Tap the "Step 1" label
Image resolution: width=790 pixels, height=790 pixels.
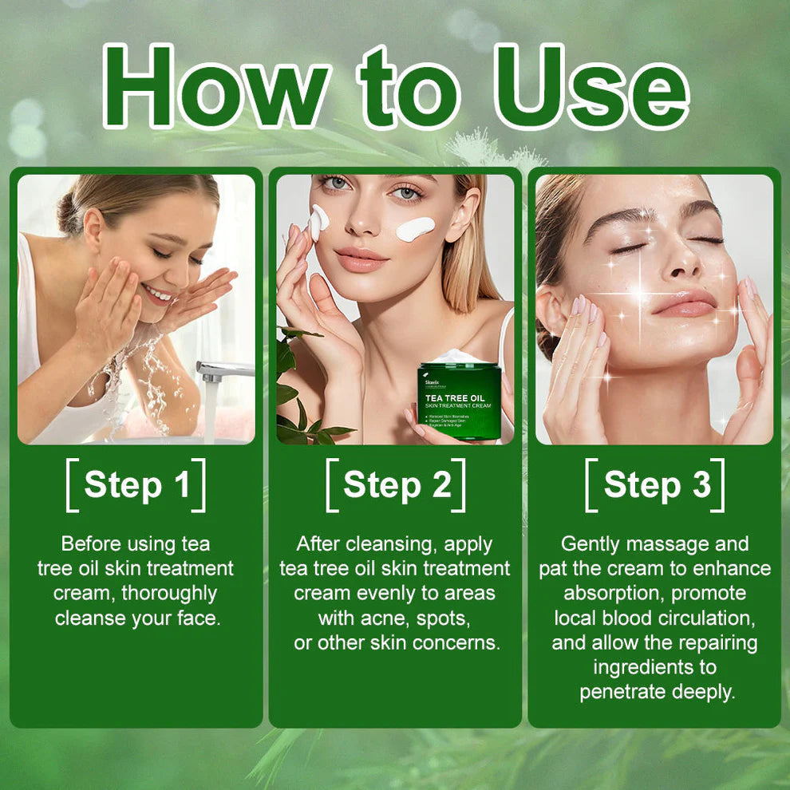(136, 485)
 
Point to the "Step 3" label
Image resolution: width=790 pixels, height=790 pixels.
(656, 485)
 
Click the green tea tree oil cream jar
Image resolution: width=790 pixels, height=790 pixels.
(460, 399)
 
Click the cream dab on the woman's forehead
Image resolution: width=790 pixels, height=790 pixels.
(320, 221)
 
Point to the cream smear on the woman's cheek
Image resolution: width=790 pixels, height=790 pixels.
(415, 229)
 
